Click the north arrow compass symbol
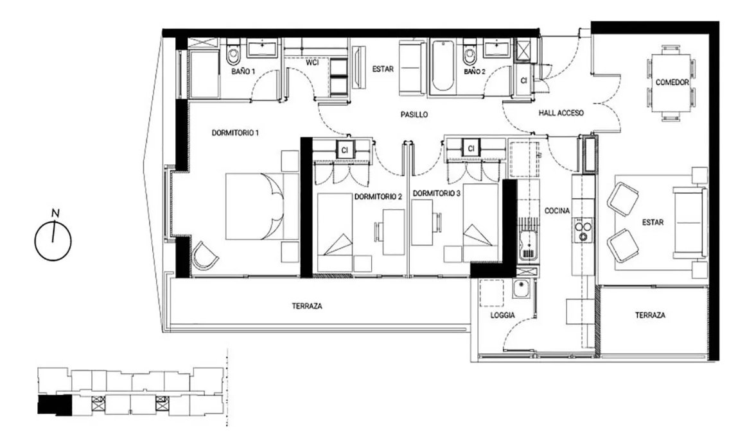coord(53,240)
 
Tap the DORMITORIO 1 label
coord(235,133)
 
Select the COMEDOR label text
coord(672,83)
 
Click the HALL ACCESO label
coord(561,114)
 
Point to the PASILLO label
coord(412,115)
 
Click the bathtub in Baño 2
coord(443,67)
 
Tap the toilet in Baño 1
coord(233,56)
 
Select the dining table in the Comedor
coord(671,82)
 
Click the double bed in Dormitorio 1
coord(254,207)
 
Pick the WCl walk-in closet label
coord(313,63)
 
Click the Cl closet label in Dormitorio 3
coord(471,149)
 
